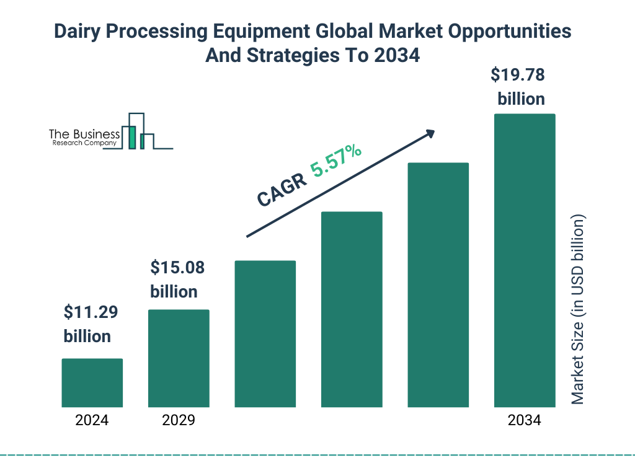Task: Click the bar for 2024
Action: (92, 382)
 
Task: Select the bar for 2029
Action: (179, 358)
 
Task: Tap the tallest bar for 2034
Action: (524, 260)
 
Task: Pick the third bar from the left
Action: (265, 333)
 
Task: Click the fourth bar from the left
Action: (352, 309)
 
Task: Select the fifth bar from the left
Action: (438, 285)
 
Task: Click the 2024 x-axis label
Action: (92, 420)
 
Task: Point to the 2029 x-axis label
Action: (179, 420)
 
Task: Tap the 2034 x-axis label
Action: (524, 420)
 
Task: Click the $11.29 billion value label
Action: (91, 324)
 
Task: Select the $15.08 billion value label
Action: (177, 280)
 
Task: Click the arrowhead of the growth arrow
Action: (430, 134)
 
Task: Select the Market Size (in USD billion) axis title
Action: (578, 310)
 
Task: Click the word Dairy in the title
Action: (79, 32)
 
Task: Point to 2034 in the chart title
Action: (397, 55)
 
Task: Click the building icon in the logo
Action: (138, 131)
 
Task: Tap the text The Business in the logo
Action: (84, 134)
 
